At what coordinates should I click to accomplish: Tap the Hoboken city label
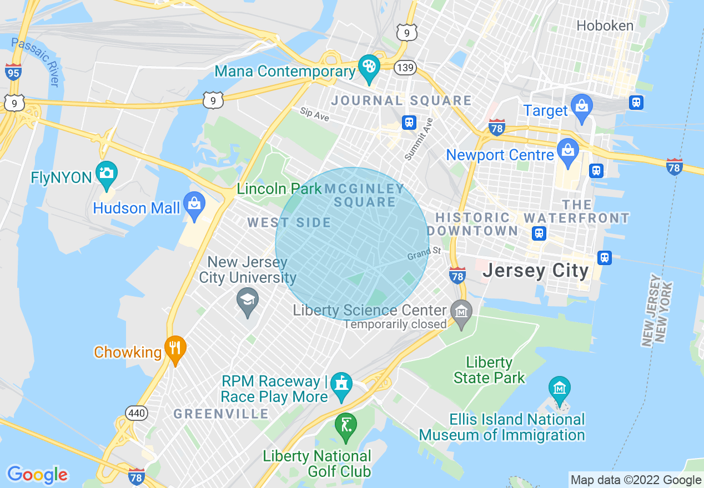[605, 26]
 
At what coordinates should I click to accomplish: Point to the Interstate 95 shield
[13, 72]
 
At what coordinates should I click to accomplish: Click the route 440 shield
[136, 413]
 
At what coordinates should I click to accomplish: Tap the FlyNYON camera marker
[105, 173]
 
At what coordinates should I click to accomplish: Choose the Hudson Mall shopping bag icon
[194, 203]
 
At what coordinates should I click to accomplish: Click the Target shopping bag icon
[581, 106]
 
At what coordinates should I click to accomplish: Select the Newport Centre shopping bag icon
[567, 151]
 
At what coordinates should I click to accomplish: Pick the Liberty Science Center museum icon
[461, 312]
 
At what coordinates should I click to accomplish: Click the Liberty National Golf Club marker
[345, 425]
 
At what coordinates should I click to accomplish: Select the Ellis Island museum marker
[559, 387]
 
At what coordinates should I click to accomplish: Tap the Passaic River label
[36, 62]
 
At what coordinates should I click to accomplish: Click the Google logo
[37, 475]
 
